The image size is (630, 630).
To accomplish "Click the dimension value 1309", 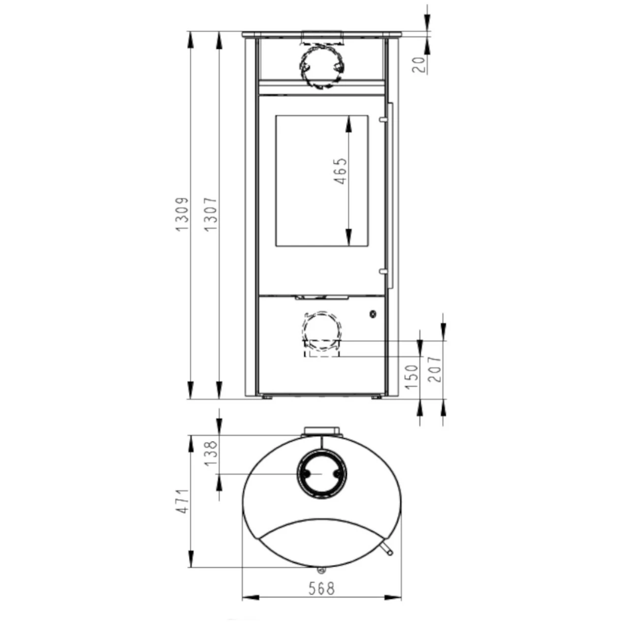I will (x=182, y=215).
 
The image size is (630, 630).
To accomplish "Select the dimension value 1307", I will (x=210, y=215).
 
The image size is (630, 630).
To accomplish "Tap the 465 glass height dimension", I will (x=340, y=171).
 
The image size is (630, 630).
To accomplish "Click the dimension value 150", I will (x=412, y=377).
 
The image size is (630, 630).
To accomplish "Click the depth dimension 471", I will (x=183, y=502).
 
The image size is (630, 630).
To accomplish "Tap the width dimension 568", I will (x=321, y=588).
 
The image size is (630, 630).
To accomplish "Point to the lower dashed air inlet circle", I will (x=321, y=329).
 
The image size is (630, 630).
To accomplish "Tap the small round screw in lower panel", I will (x=373, y=314).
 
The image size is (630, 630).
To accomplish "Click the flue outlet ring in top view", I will (x=321, y=473).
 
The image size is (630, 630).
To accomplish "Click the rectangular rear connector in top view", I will (x=322, y=432).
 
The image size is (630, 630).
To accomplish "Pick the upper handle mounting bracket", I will (x=382, y=119).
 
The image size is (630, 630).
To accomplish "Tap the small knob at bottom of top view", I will (x=321, y=570).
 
